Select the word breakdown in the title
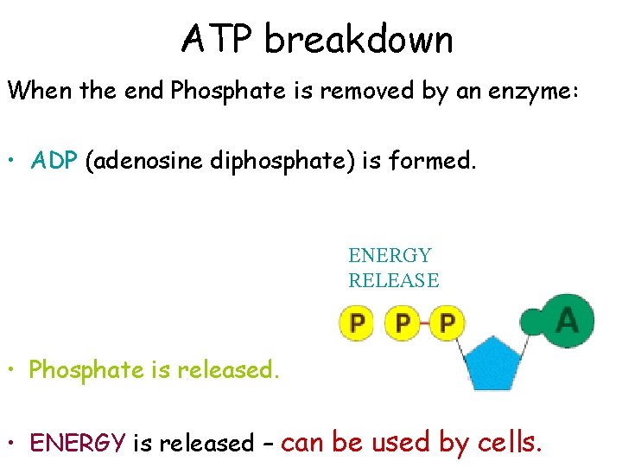(x=358, y=40)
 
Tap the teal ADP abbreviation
(x=54, y=161)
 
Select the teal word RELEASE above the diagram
(x=393, y=280)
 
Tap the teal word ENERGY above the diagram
(x=390, y=256)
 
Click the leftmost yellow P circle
(x=356, y=323)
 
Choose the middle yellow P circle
(x=402, y=323)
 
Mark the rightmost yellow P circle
(x=447, y=323)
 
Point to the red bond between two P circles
(x=424, y=323)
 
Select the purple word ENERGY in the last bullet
(x=78, y=443)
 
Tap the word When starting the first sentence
(x=41, y=92)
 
